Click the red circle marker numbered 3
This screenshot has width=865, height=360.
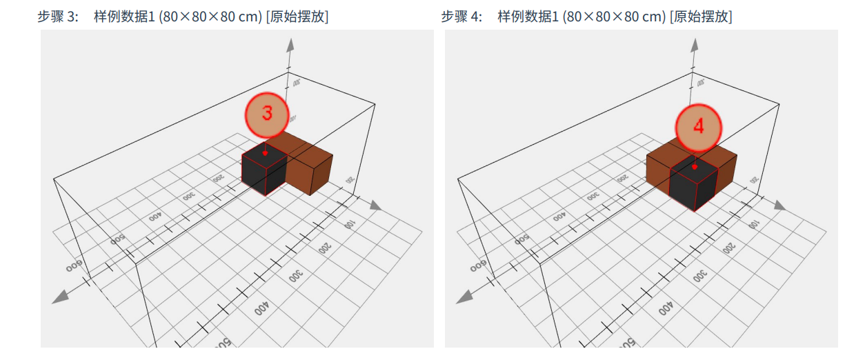pos(266,114)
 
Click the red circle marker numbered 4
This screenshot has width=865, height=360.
pos(698,127)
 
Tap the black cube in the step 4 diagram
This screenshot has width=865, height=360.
pos(694,186)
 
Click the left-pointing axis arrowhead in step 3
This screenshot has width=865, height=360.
pos(60,297)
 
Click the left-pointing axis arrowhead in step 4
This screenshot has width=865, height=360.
pos(465,297)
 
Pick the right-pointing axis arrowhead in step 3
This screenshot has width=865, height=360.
pos(375,205)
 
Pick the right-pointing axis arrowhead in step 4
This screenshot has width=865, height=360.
pos(779,205)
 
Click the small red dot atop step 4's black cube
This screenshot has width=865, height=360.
pos(695,166)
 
